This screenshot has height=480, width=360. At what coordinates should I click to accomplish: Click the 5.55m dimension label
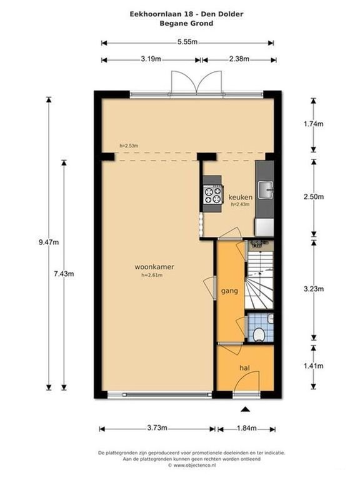click(x=187, y=42)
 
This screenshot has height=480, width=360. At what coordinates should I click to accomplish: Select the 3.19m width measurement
click(x=151, y=59)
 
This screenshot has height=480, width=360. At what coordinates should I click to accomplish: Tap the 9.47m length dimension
click(x=49, y=242)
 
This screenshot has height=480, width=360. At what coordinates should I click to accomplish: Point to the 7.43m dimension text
click(x=64, y=274)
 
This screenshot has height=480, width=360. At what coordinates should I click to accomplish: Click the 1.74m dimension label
click(x=314, y=124)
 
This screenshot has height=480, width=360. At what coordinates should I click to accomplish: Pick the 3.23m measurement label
click(x=314, y=289)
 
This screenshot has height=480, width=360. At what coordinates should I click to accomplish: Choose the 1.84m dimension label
click(x=247, y=428)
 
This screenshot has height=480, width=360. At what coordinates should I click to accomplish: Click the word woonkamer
click(x=154, y=267)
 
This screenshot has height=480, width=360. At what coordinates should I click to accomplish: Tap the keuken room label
click(x=241, y=197)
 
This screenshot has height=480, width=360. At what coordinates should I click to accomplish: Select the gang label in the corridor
click(x=229, y=291)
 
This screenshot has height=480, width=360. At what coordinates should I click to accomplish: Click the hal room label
click(x=245, y=367)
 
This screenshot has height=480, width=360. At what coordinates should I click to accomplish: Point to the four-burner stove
click(x=213, y=195)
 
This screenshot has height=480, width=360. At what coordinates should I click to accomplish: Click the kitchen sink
click(x=266, y=190)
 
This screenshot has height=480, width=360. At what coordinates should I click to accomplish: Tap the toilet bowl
click(x=259, y=334)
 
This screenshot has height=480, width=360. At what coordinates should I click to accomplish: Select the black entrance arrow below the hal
click(x=244, y=409)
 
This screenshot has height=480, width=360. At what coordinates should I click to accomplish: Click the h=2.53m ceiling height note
click(x=129, y=146)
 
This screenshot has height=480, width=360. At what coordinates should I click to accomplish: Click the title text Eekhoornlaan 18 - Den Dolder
click(x=186, y=14)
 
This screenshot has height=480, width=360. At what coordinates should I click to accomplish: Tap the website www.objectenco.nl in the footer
click(x=194, y=465)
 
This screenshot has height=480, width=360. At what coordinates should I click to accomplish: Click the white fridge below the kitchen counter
click(x=264, y=227)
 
